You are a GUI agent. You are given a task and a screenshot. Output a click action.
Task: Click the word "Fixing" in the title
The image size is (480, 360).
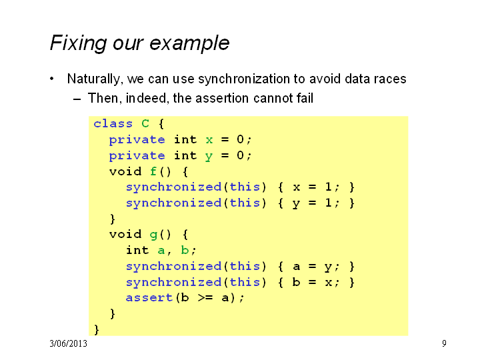[78, 43]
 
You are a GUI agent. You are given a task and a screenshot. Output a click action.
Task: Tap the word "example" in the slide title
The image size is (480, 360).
[189, 43]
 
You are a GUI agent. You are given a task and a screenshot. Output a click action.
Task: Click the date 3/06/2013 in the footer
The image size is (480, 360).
[68, 343]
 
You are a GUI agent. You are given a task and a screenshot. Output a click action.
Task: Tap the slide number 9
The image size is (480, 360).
[444, 343]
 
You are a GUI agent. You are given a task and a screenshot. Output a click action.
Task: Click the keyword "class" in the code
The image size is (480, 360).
[113, 124]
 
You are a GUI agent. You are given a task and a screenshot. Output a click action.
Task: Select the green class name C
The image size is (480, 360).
[145, 124]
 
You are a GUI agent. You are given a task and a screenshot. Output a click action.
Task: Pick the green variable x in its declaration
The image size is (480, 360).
[209, 140]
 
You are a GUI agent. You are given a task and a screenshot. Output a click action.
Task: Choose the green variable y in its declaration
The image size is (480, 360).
[209, 157]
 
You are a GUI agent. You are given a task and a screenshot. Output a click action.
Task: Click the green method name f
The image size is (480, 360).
[153, 171]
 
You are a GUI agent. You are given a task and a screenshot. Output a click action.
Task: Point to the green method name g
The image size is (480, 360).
[153, 235]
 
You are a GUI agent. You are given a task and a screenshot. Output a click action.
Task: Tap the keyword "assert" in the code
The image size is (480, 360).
[149, 297]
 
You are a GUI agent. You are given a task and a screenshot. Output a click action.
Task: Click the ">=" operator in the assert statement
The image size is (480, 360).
[205, 297]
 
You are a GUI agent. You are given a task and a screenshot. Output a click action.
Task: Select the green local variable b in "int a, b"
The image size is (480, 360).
[185, 250]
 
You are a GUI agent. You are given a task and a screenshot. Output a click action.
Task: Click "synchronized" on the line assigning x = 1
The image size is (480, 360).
[173, 187]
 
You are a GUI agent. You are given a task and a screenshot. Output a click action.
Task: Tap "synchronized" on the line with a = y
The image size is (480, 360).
[173, 266]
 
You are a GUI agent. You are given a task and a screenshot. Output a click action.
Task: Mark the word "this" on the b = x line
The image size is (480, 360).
[245, 281]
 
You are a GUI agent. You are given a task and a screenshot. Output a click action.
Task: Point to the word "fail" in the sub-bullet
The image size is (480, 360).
[305, 98]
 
